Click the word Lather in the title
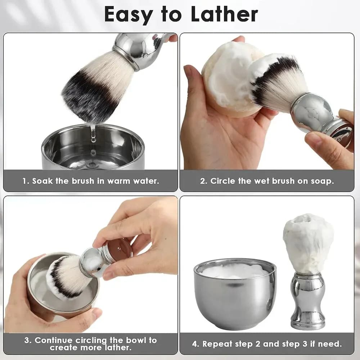[x=224, y=14]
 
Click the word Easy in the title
[x=129, y=15]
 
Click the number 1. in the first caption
[x=26, y=181]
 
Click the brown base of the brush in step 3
[x=120, y=249]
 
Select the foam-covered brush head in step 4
[x=308, y=243]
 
